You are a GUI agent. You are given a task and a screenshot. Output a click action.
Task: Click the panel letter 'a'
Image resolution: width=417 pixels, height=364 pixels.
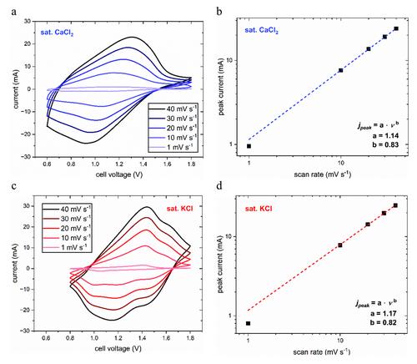tap(14, 13)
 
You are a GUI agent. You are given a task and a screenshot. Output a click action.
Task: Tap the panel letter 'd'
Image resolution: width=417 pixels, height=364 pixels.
tap(219, 185)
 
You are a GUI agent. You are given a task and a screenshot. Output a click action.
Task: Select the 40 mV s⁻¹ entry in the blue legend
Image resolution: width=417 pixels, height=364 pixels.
tap(173, 109)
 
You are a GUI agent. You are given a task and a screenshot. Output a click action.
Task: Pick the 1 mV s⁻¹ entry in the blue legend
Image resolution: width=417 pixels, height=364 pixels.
tap(173, 147)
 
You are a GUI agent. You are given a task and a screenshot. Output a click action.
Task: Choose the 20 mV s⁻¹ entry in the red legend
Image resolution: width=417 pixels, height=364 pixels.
tap(67, 228)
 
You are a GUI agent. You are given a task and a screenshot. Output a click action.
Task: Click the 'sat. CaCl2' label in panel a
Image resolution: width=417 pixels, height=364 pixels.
tap(57, 33)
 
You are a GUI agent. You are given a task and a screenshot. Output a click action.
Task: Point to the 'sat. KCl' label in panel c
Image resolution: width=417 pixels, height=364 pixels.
tap(179, 209)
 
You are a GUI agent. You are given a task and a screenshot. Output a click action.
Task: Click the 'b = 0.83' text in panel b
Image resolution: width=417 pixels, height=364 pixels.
tap(385, 144)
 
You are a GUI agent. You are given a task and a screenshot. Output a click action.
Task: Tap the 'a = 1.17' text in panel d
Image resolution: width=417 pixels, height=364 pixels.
tap(384, 313)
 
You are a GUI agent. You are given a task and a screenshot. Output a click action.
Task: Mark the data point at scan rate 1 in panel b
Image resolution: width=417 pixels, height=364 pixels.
tap(249, 146)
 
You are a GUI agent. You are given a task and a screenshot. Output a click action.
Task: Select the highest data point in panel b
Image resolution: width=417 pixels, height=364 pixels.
tap(396, 28)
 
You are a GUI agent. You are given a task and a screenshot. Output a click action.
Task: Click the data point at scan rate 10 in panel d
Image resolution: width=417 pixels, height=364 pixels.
tap(340, 245)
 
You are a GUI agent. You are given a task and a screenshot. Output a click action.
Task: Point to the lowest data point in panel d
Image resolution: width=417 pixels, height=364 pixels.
tap(248, 323)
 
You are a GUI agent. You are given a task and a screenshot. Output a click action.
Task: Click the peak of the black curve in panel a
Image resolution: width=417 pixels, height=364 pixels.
tap(132, 37)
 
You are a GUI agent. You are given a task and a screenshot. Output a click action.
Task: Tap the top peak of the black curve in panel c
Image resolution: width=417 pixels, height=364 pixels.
tap(147, 207)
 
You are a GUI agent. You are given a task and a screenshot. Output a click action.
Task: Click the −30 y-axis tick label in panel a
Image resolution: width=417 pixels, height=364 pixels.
tap(27, 157)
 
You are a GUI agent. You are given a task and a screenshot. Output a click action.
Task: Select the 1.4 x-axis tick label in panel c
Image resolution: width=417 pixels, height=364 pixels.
tap(142, 338)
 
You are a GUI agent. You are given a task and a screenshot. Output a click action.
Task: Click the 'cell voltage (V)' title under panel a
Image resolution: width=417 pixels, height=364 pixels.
tap(119, 174)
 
